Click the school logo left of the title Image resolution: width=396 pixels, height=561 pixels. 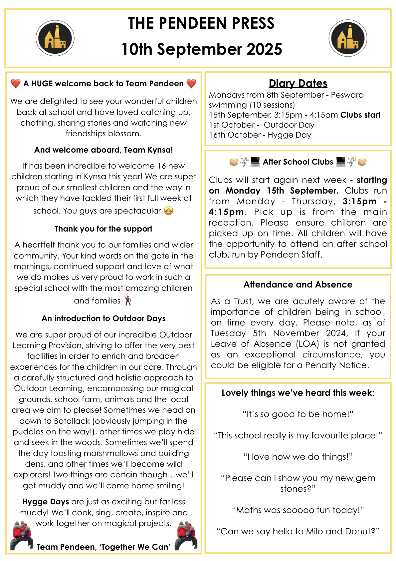coord(55,38)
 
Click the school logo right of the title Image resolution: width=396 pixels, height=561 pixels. coord(348,38)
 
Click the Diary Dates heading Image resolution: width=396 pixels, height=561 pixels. coord(298,83)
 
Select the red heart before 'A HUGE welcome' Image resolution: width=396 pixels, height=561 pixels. coord(16,83)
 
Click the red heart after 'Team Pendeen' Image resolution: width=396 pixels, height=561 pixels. coord(191,83)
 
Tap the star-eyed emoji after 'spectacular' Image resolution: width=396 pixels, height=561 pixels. coord(169,211)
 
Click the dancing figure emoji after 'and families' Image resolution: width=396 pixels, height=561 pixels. coord(128,300)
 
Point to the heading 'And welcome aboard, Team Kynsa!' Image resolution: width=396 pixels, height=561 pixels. coord(103,150)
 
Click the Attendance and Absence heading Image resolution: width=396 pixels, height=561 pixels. coord(298,284)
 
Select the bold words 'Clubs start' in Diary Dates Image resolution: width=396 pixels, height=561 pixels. coord(360,115)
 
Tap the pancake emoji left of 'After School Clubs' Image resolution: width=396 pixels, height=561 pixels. coord(234,162)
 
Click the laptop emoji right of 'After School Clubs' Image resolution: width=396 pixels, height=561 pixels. coord(341,162)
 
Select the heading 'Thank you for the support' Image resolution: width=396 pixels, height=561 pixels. coord(103,229)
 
